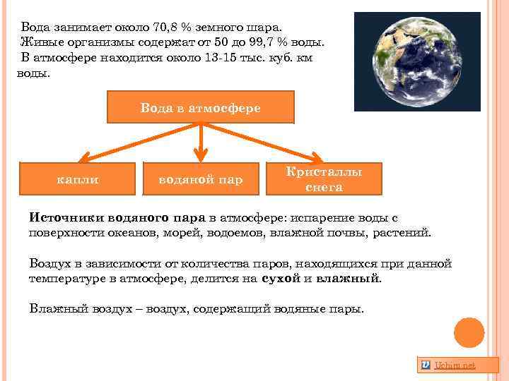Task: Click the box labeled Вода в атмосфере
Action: coord(200,107)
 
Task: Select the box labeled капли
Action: coord(77,179)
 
